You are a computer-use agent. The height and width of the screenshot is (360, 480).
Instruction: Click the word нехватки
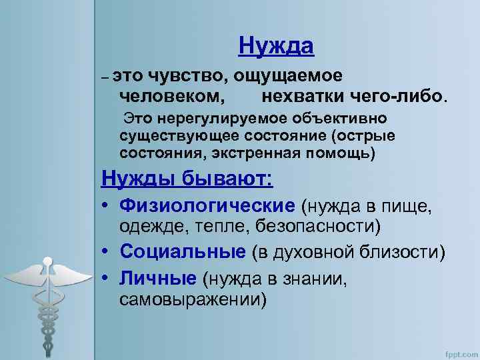[x=302, y=96]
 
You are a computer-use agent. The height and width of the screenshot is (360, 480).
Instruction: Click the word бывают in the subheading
[x=226, y=180]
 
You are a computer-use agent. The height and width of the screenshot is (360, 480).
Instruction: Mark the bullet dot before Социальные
[x=106, y=253]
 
